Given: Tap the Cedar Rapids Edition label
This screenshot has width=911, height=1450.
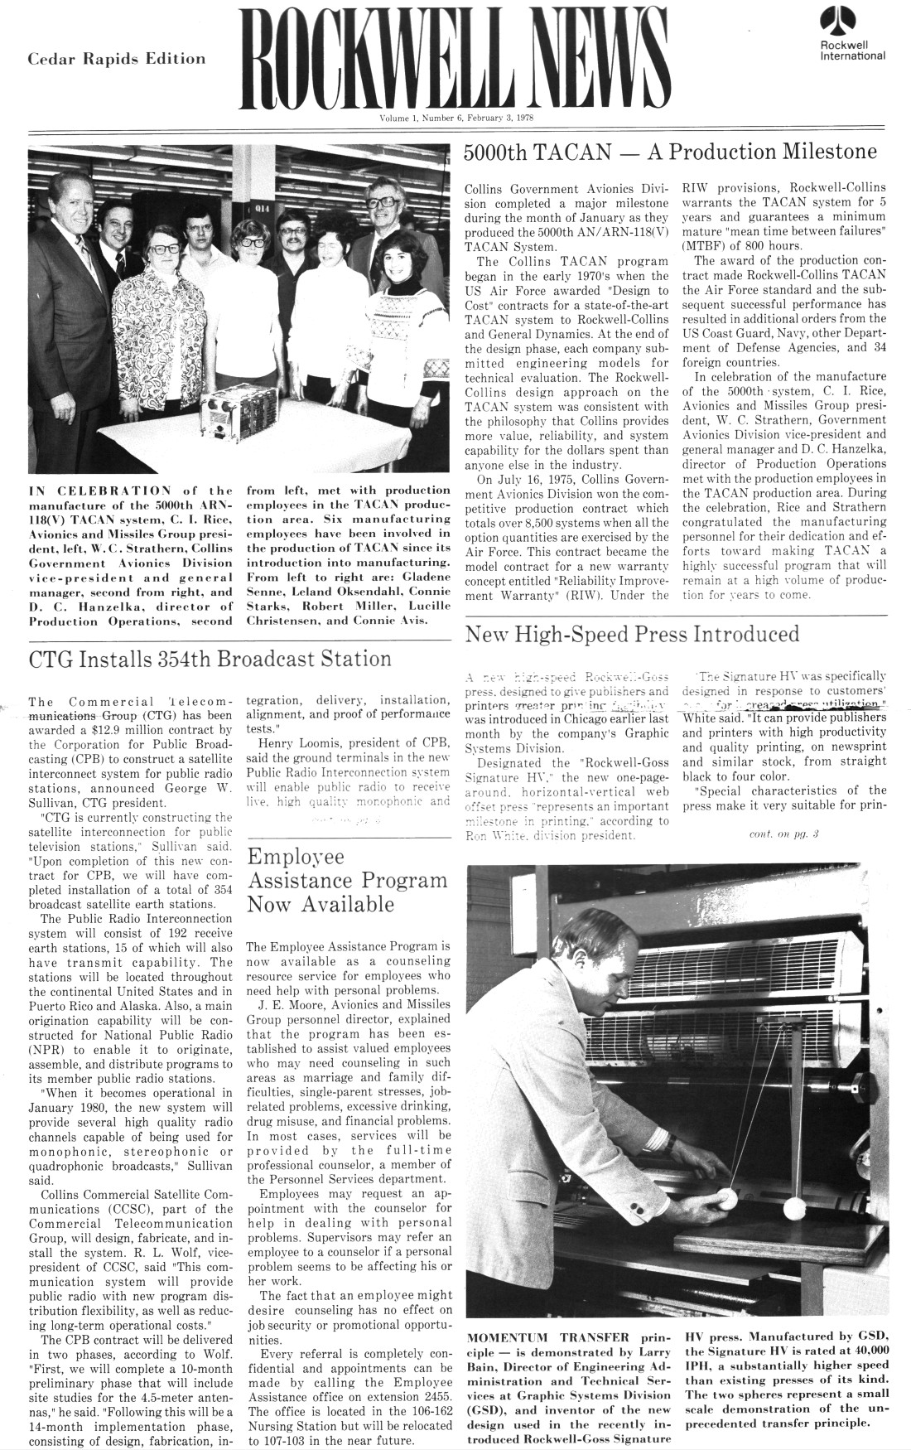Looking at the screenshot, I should tap(117, 59).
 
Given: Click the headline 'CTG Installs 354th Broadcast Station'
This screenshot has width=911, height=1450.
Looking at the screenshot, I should tap(210, 659).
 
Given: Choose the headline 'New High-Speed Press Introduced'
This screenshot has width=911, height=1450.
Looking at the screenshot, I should tap(633, 635).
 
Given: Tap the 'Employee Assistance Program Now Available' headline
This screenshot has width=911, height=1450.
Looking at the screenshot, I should tap(348, 880).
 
